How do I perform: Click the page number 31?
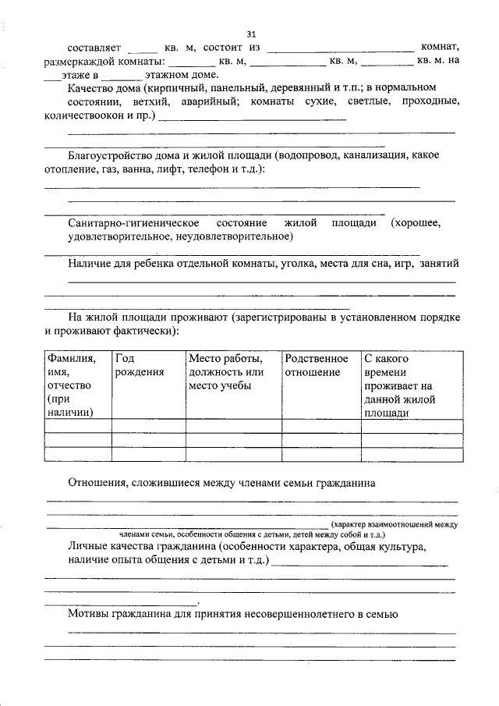click(x=250, y=34)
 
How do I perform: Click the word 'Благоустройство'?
click(x=108, y=155)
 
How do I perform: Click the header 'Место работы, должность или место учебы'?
click(x=226, y=372)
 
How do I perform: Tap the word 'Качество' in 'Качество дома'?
click(x=91, y=88)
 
